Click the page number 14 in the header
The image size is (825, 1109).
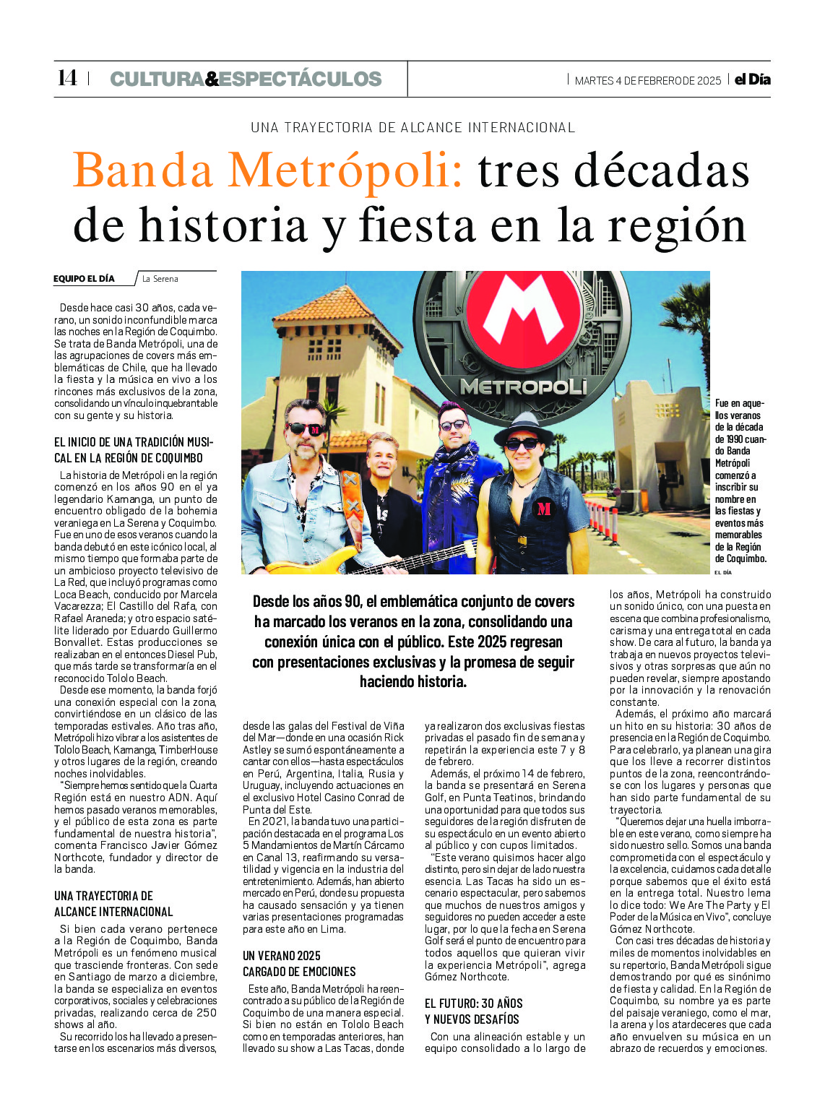coord(66,78)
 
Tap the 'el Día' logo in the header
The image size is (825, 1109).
coord(752,79)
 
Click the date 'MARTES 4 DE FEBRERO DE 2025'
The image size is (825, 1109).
coord(647,81)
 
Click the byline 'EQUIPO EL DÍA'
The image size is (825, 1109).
coord(84,279)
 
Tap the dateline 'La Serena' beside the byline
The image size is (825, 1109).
coord(160,279)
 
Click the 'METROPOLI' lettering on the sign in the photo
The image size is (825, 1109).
coord(523,387)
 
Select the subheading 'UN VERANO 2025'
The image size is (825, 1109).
coord(282,956)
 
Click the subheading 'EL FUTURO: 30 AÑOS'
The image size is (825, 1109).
coord(473,1004)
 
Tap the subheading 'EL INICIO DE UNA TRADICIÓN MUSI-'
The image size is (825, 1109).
coord(134,442)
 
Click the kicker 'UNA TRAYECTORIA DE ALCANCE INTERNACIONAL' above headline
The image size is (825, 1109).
coord(412,128)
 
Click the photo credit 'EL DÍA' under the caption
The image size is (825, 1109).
coord(722,572)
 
